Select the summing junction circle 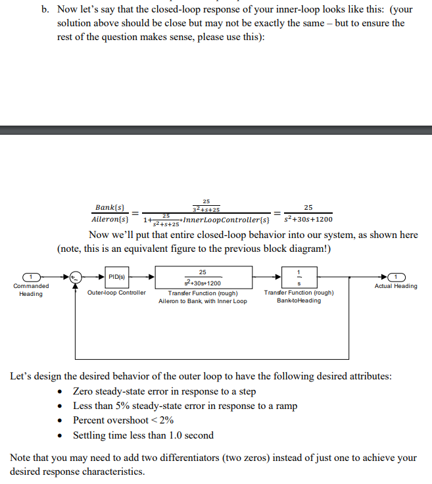(78, 276)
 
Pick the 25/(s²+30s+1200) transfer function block (204, 276)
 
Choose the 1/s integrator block (299, 276)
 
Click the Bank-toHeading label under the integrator (299, 301)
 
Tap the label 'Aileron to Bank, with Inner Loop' (203, 301)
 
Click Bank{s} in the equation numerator (110, 207)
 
